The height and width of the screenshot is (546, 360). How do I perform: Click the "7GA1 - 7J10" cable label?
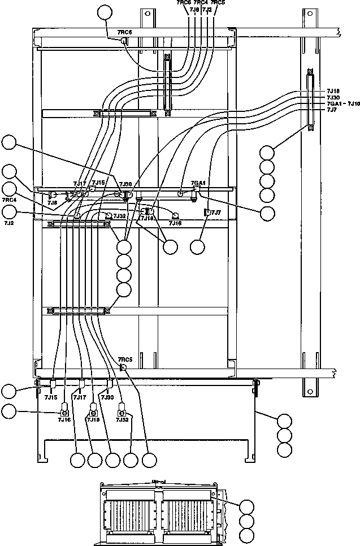(x=343, y=104)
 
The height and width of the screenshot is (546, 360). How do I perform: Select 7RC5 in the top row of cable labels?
(x=218, y=3)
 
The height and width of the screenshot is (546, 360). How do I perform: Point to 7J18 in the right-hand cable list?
(x=333, y=91)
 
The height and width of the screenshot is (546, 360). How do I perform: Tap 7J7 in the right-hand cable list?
(x=332, y=110)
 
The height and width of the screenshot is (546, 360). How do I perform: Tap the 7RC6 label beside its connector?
(x=124, y=33)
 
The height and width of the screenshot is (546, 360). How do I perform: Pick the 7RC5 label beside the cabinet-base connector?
(x=125, y=359)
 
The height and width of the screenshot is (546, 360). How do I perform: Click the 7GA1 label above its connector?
(x=197, y=183)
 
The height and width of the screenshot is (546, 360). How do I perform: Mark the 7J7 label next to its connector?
(x=216, y=212)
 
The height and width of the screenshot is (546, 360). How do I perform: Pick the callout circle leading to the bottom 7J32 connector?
(x=131, y=460)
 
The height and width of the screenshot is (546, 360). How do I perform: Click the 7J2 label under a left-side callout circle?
(x=8, y=223)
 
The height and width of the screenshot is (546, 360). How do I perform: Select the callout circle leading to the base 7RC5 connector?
(x=149, y=460)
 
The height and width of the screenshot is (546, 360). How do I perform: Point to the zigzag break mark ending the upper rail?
(x=338, y=33)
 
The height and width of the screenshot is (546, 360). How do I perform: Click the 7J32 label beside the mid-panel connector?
(x=119, y=216)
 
